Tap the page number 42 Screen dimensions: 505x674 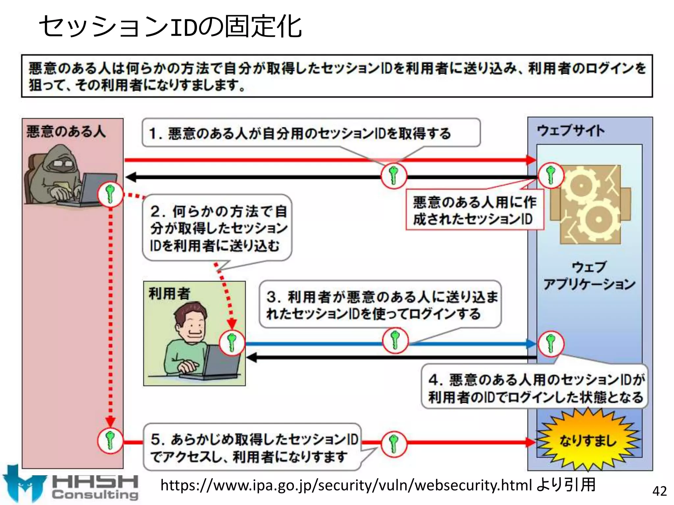coord(659,491)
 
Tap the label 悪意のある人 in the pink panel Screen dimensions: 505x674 coord(66,132)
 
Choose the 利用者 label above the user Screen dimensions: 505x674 coord(169,293)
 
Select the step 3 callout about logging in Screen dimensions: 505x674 coord(381,305)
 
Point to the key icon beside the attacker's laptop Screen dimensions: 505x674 coord(110,194)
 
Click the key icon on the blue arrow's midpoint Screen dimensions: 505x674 coord(395,340)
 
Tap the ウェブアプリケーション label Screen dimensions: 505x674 coord(589,276)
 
